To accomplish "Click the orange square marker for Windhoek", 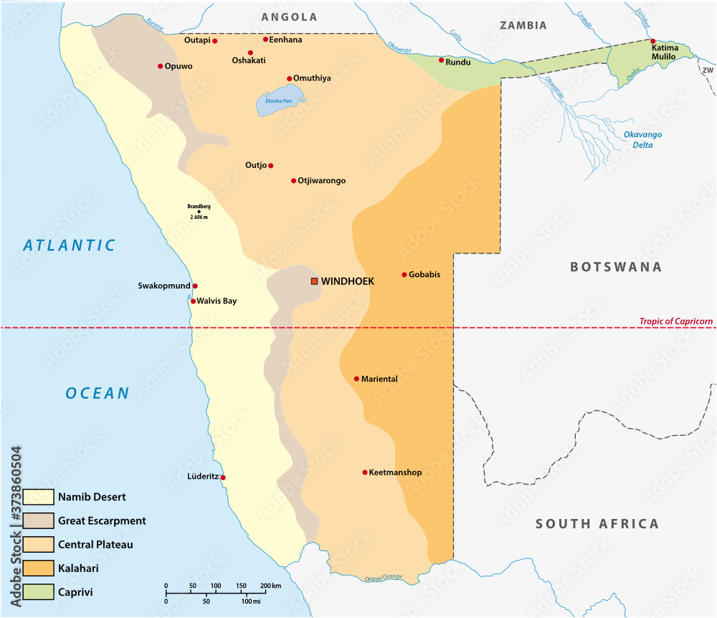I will [314, 281].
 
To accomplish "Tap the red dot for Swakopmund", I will [195, 286].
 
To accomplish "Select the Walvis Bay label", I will [217, 301].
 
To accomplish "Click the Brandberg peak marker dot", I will [199, 211].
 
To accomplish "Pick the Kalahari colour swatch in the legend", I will [38, 568].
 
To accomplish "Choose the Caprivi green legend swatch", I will [38, 592].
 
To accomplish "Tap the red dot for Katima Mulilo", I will [652, 41].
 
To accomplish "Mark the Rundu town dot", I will [442, 60].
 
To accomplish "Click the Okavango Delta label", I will [642, 139].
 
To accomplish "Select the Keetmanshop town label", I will [395, 472].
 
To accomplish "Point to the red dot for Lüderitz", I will [223, 477].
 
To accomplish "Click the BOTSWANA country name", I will [615, 267].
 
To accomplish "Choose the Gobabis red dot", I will [404, 274].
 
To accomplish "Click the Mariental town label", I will [379, 378].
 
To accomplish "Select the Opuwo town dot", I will [161, 66].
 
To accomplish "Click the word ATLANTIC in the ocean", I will [70, 245].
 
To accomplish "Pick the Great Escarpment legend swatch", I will [38, 520].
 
